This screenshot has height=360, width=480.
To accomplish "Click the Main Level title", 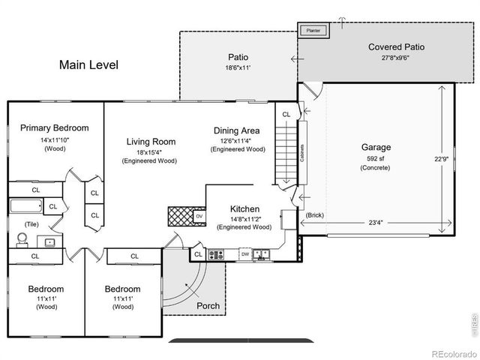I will click(88, 65).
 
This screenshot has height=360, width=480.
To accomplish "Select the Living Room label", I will click(151, 141).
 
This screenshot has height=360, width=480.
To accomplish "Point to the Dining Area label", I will click(237, 130).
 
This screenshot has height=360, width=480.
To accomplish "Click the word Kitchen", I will click(244, 208).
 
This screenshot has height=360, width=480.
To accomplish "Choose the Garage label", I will click(376, 147).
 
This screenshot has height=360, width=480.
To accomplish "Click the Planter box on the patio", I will click(310, 31).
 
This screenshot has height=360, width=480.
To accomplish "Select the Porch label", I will click(208, 306).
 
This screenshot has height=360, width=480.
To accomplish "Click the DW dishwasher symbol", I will click(244, 254).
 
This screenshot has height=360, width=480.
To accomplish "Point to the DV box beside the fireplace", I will click(199, 217).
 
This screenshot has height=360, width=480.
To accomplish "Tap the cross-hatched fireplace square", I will click(181, 217).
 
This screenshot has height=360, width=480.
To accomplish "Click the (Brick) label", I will click(315, 215).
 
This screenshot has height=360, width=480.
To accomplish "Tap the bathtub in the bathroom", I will click(25, 205).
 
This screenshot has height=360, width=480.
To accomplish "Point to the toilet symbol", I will click(22, 240).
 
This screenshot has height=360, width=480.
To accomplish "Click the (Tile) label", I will click(31, 223).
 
